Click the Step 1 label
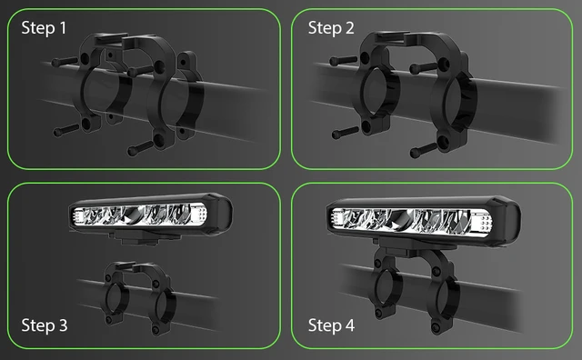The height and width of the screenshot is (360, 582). (44, 28)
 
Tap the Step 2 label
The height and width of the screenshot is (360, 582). (331, 28)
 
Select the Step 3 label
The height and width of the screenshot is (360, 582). (44, 325)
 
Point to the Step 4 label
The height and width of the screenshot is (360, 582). (331, 325)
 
